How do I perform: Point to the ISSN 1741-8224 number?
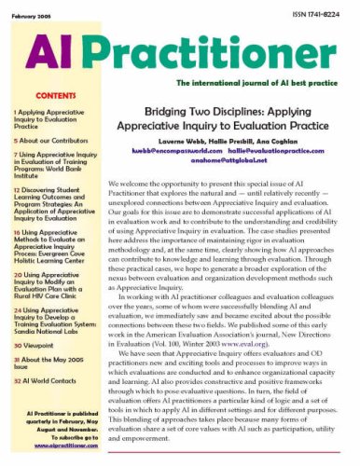coord(318,8)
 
